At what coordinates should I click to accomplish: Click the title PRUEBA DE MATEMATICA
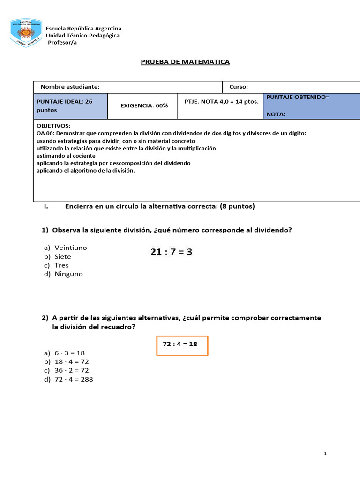pos(185,62)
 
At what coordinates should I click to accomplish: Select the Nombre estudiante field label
pos(70,87)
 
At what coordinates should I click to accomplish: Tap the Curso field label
pos(239,87)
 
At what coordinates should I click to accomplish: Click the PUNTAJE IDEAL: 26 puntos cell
pos(70,105)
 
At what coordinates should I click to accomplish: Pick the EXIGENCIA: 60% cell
pos(144,106)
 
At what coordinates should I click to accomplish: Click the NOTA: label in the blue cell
pos(276,114)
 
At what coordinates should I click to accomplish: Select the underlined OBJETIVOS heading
pos(53,126)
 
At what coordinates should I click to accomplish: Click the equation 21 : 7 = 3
pos(171,252)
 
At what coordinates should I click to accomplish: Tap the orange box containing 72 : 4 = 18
pos(182,345)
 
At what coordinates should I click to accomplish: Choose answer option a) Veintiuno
pos(66,247)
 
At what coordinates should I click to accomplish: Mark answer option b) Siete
pos(58,256)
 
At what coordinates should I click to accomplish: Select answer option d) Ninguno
pos(63,274)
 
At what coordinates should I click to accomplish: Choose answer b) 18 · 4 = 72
pos(66,362)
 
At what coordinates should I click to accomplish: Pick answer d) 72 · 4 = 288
pos(68,380)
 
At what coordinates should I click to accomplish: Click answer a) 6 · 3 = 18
pos(64,353)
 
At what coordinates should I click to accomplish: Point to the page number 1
pos(325,454)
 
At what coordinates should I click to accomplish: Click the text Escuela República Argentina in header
pos(83,29)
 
